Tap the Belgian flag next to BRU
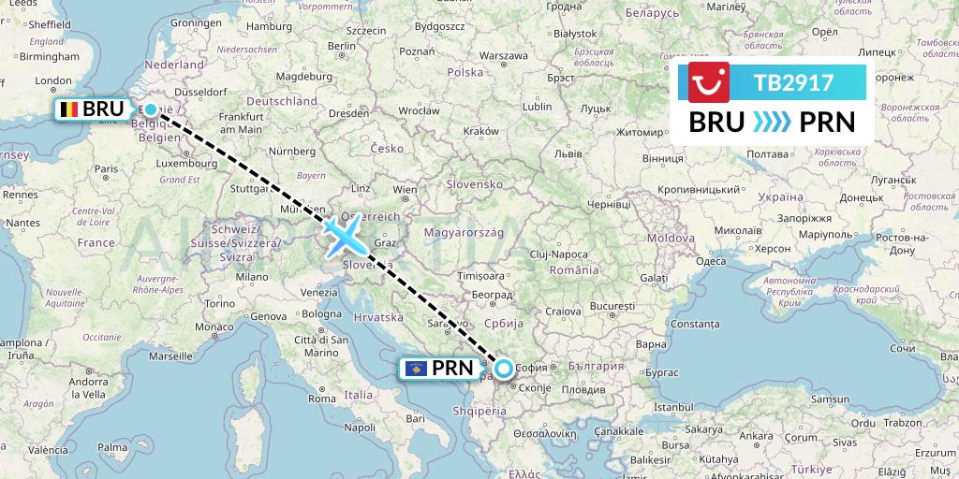68,109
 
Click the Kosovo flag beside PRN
415,369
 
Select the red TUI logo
709,82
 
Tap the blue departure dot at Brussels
151,109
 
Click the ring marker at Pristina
504,369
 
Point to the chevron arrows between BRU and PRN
772,123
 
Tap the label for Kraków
480,132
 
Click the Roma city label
321,399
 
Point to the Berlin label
342,45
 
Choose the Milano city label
251,277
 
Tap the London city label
52,81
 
